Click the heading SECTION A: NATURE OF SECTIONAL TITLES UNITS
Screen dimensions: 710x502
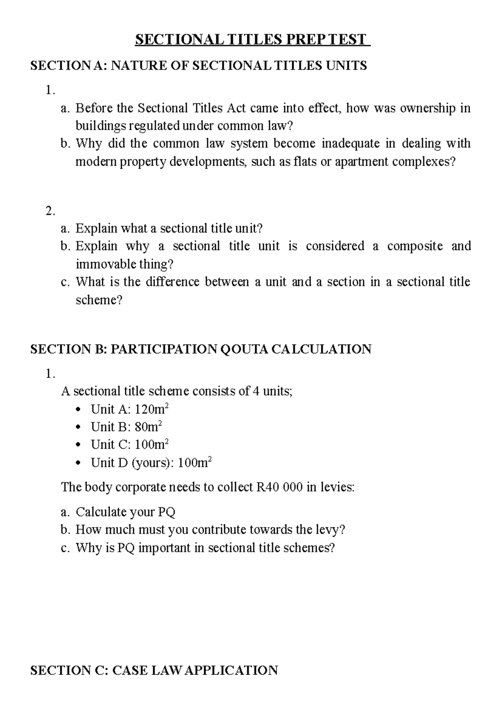[199, 65]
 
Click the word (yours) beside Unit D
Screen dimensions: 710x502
[153, 463]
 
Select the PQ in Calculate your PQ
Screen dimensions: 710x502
[166, 512]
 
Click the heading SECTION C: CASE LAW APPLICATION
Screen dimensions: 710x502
[154, 670]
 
